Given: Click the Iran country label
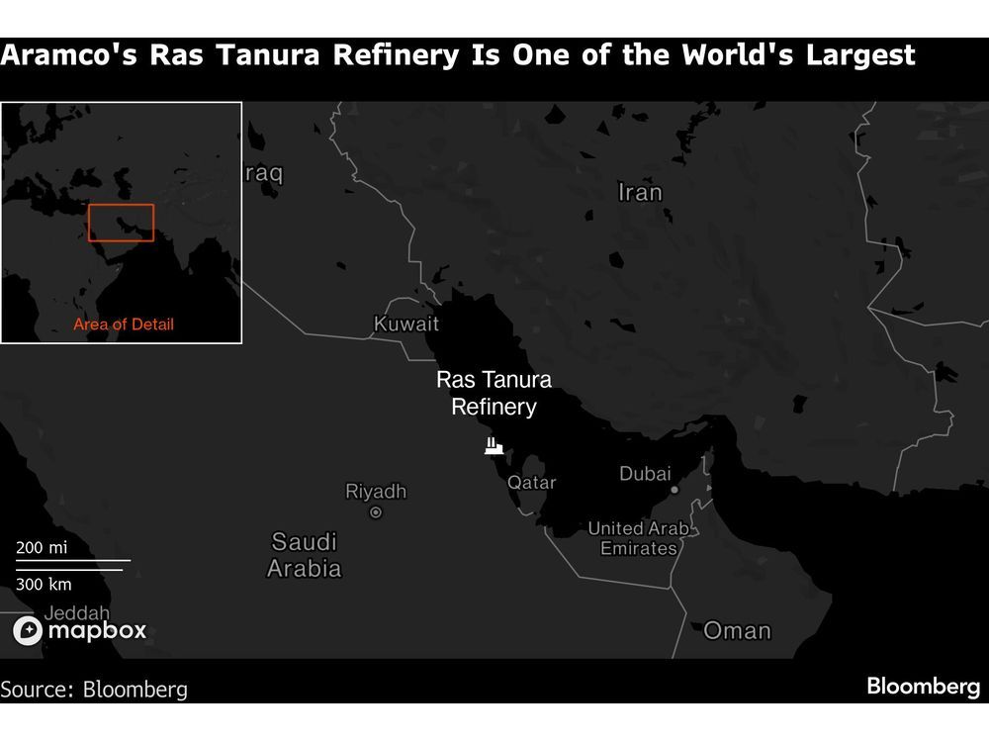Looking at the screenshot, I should (x=640, y=192).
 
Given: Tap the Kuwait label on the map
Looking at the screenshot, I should (x=406, y=324).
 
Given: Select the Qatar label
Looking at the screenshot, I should (x=531, y=483).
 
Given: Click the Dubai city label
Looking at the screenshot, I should (x=645, y=474).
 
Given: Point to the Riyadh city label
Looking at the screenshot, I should (x=375, y=491).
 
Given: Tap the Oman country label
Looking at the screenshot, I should (x=737, y=630).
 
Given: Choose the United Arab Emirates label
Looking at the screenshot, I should (x=638, y=538).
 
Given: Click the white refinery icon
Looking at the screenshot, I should (x=494, y=445).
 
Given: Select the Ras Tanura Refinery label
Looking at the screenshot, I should (x=494, y=393).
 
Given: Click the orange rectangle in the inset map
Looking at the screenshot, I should (x=121, y=223).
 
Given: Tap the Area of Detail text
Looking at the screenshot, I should (x=124, y=325).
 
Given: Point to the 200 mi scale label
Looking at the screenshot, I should (x=42, y=547).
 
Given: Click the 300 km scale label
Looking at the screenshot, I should (x=44, y=584).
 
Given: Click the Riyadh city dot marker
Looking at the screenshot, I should (x=376, y=512).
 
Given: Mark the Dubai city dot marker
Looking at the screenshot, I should (x=674, y=490).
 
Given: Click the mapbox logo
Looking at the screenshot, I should (x=79, y=630).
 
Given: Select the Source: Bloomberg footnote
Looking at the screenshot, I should (x=93, y=689).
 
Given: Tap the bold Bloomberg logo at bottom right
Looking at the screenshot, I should (x=924, y=687).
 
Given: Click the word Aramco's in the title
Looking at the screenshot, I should (x=67, y=54).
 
